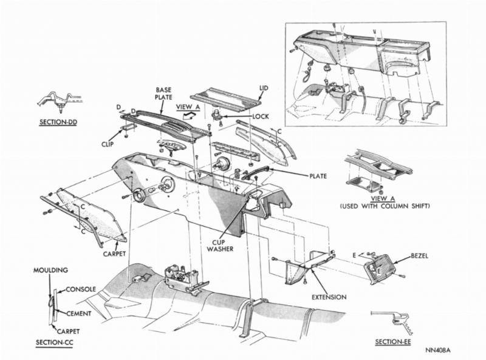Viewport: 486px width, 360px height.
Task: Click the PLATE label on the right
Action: pyautogui.click(x=318, y=176)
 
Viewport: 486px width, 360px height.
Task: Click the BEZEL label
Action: pyautogui.click(x=419, y=257)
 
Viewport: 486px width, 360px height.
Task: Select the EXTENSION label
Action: pyautogui.click(x=329, y=297)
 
